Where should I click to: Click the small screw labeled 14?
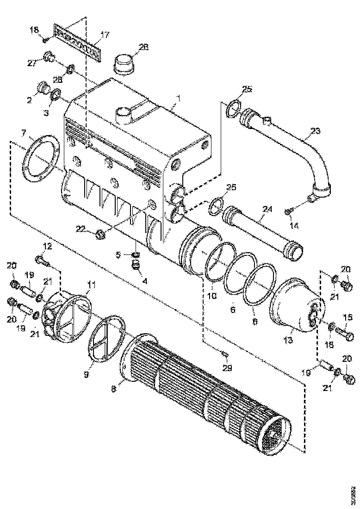click(x=288, y=211)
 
